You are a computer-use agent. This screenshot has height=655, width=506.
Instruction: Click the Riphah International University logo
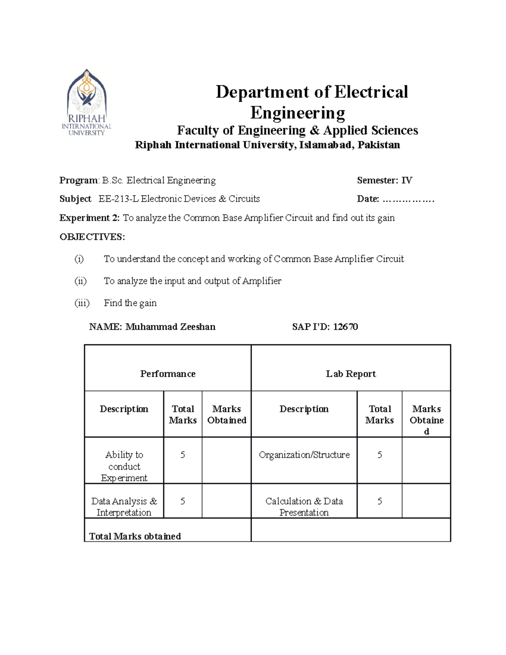(x=87, y=102)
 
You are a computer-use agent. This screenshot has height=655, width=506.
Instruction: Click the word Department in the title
(x=262, y=92)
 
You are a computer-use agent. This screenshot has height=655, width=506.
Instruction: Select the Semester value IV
(x=406, y=181)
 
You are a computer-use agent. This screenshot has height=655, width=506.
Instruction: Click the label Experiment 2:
(x=90, y=218)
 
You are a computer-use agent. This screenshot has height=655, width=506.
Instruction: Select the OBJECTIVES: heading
(x=92, y=237)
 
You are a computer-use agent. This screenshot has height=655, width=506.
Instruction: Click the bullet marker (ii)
(x=81, y=281)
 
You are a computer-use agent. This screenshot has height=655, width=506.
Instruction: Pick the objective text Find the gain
(x=130, y=303)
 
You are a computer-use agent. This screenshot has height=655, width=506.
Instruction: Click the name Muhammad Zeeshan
(x=170, y=327)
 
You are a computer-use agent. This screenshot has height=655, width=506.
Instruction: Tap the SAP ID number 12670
(x=345, y=327)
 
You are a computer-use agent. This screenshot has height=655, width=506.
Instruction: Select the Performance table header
(x=168, y=374)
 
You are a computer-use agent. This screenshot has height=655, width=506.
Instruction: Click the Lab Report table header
(x=351, y=374)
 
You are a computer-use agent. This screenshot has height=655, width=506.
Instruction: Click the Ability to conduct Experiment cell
(x=124, y=466)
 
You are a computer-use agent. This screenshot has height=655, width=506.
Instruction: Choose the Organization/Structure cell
(x=304, y=455)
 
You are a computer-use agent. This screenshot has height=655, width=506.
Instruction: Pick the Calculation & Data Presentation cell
(x=304, y=507)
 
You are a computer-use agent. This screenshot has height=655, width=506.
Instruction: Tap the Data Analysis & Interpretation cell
(x=124, y=507)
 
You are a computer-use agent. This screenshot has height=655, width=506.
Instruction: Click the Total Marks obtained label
(x=135, y=536)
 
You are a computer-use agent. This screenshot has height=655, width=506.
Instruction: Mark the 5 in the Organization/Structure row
(x=379, y=455)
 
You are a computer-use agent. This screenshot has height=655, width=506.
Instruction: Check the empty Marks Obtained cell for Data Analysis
(x=226, y=501)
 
